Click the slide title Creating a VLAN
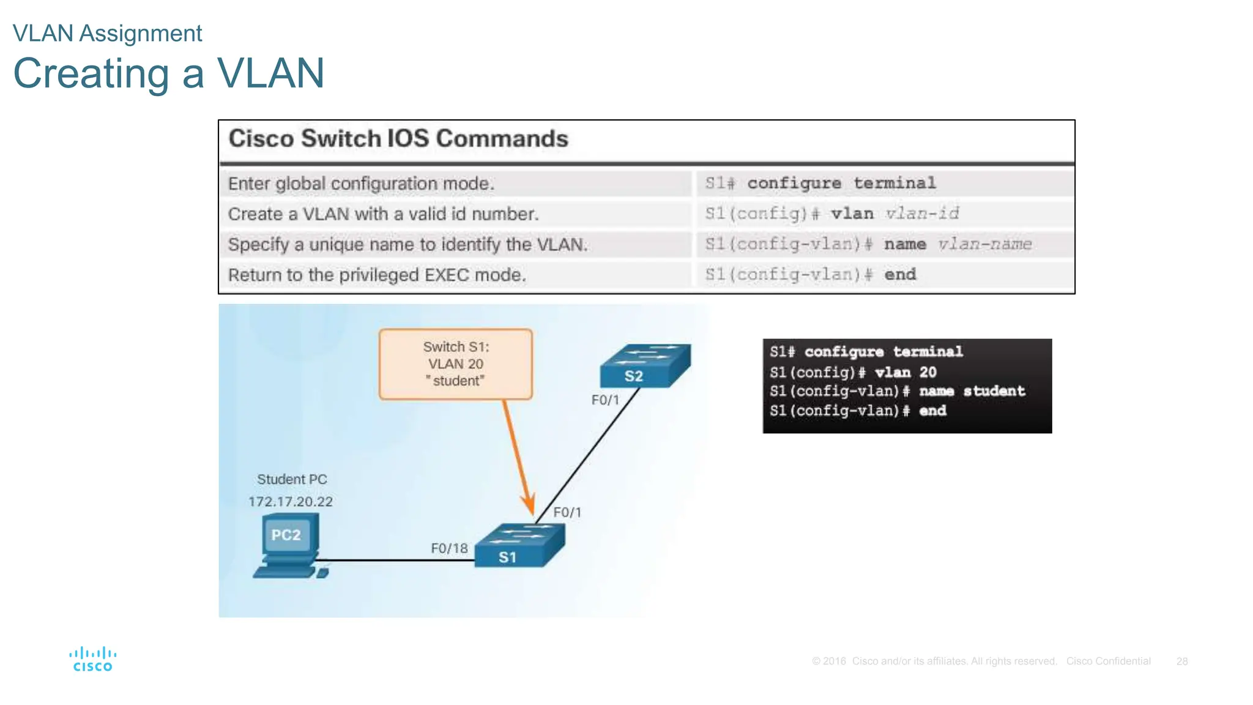168,73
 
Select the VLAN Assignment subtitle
107,33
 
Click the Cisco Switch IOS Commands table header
398,139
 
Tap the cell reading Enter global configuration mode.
361,184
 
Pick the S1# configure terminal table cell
820,183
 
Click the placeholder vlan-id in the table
922,214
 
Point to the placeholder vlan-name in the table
984,244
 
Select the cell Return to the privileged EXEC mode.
377,275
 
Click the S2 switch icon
644,366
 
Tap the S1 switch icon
519,545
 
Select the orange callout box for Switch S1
456,364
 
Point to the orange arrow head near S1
528,505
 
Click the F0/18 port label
449,548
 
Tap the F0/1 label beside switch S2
605,400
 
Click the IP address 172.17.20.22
290,502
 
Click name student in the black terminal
972,391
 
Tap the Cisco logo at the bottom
93,659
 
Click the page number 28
1181,662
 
